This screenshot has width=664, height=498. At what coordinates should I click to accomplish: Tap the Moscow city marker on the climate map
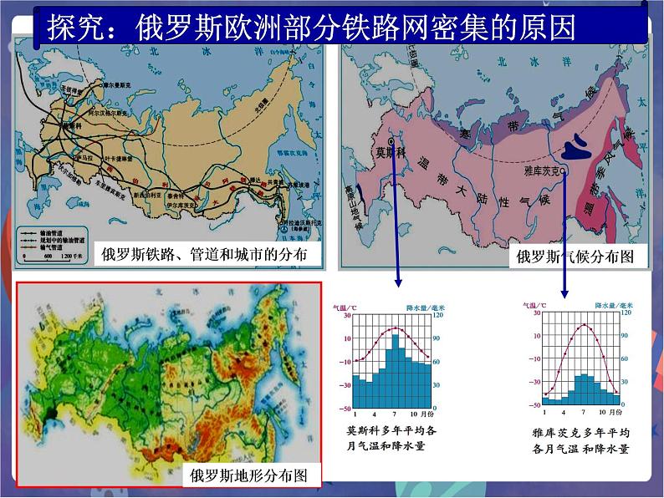pyautogui.click(x=391, y=143)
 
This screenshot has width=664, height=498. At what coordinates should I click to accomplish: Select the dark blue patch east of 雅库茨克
pyautogui.click(x=578, y=148)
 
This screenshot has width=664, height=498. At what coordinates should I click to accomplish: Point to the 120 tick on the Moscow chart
pyautogui.click(x=437, y=316)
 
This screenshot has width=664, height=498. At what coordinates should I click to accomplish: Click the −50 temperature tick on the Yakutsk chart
pyautogui.click(x=532, y=405)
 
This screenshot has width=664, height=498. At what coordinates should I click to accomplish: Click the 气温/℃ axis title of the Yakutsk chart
pyautogui.click(x=537, y=306)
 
